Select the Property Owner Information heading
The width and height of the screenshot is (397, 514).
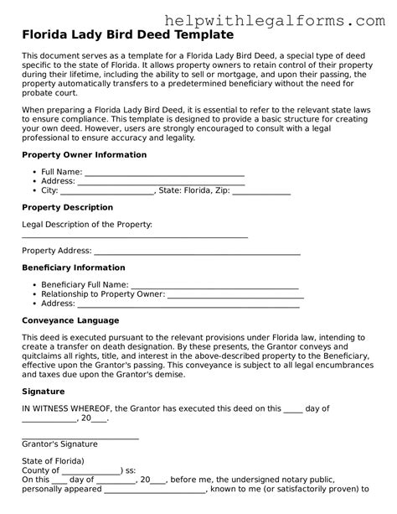pos(84,155)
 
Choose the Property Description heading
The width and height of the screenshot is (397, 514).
pos(67,207)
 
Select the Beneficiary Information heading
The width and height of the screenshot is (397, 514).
pos(73,267)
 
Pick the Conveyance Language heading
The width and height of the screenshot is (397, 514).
pos(70,320)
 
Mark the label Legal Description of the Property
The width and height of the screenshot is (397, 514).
pos(87,224)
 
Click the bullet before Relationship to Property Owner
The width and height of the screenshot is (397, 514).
pos(34,295)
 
